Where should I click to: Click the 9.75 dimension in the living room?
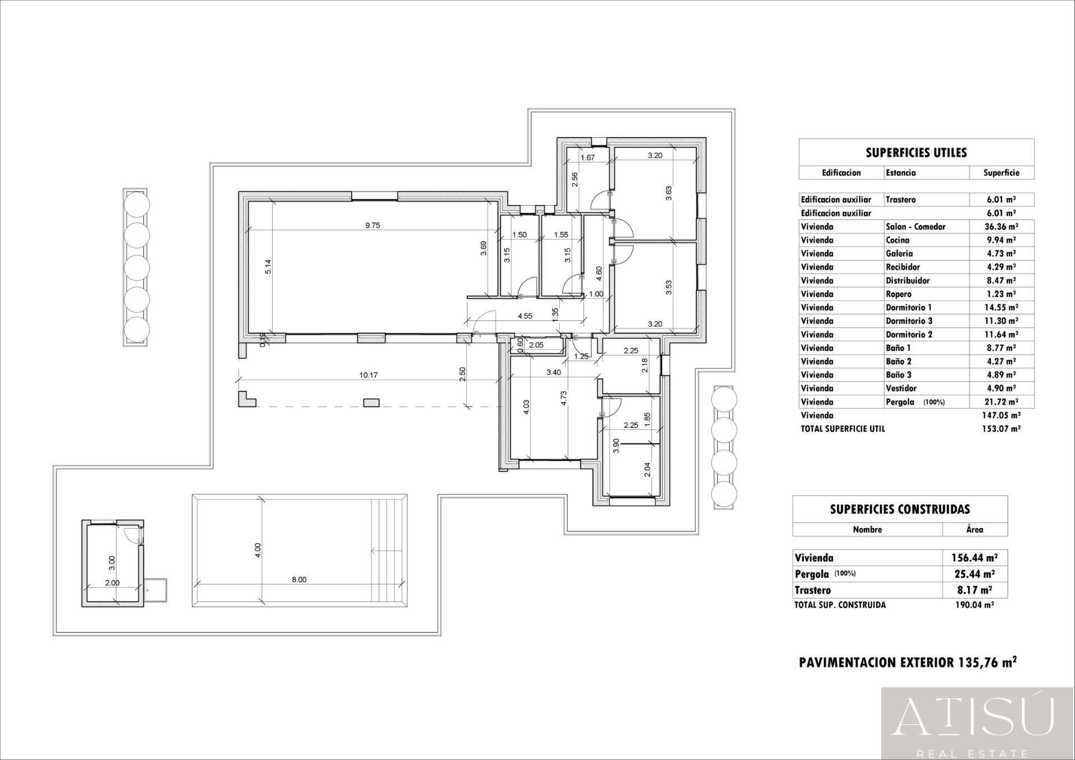pos(372,225)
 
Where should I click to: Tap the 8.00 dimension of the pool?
pos(299,580)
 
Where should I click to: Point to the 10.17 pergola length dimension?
pos(368,375)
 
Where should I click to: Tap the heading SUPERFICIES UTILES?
pos(916,153)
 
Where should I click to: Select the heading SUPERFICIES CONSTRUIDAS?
pos(900,509)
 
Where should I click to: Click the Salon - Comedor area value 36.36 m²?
pos(1001,227)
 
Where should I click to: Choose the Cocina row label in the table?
pos(898,240)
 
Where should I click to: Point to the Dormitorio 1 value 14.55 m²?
pos(1001,307)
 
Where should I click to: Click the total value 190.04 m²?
pos(974,605)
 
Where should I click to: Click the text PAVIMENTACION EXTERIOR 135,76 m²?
pos(908,663)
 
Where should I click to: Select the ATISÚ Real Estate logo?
pos(978,723)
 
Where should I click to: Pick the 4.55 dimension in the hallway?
pos(525,316)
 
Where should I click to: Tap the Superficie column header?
pos(1001,172)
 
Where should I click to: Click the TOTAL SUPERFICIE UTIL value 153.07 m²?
pos(1001,429)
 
